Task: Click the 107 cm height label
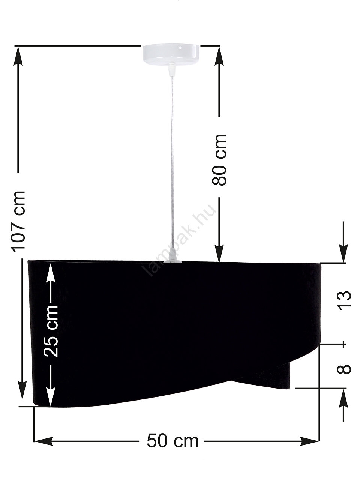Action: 19,222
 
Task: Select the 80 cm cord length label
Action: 219,160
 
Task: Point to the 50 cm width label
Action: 172,441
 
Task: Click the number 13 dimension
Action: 344,300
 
